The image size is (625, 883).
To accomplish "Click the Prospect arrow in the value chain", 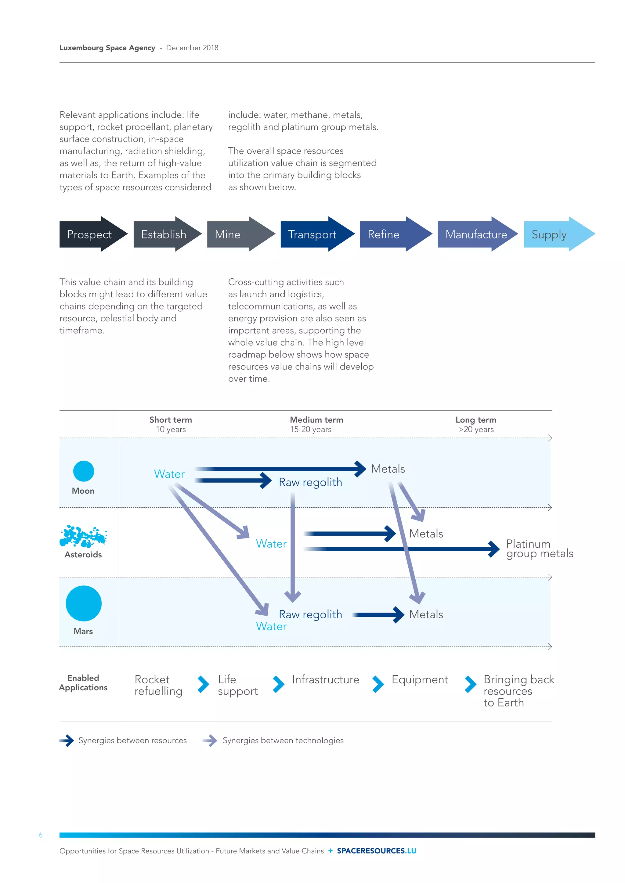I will click(x=92, y=234).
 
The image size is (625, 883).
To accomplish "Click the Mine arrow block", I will click(x=239, y=234).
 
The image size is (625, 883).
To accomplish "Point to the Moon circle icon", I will click(x=84, y=471).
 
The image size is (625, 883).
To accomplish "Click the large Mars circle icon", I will click(x=84, y=603).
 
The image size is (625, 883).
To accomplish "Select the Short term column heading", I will click(x=171, y=420).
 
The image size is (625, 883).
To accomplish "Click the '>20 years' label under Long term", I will click(x=476, y=430).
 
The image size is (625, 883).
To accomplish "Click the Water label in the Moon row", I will click(x=169, y=474).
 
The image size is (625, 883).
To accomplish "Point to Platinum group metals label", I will click(x=539, y=549).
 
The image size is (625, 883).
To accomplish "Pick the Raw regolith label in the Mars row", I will click(x=310, y=614).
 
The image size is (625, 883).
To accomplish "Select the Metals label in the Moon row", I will click(x=388, y=469).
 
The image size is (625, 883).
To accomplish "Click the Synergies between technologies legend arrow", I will click(x=211, y=740).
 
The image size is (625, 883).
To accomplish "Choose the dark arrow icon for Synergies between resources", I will click(x=67, y=740).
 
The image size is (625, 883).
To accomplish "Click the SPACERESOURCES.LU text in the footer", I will click(x=376, y=851).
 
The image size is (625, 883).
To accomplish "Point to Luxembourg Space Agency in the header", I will click(x=107, y=48).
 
